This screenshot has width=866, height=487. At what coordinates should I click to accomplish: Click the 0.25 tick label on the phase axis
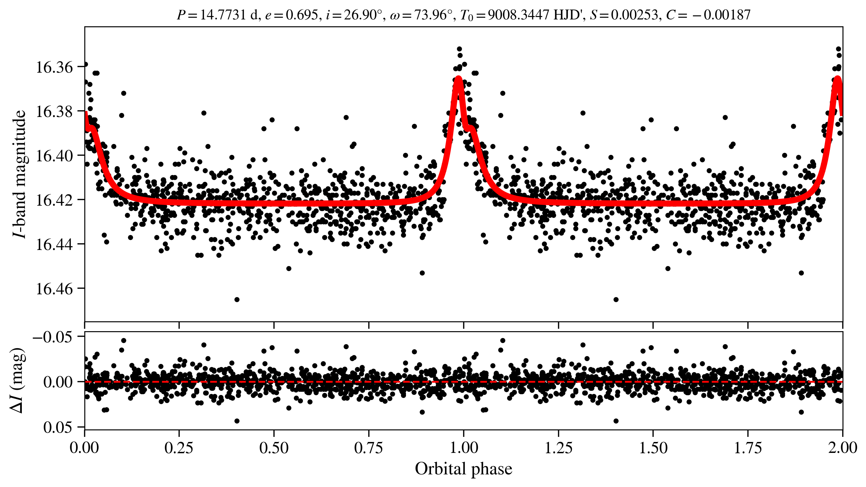tap(179, 448)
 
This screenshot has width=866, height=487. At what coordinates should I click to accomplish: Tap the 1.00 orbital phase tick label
tap(463, 448)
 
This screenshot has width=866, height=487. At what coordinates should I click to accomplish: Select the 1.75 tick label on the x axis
tap(748, 448)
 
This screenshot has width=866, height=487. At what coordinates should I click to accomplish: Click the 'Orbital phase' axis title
tap(463, 469)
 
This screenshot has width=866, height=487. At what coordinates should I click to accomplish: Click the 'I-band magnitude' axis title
tap(20, 174)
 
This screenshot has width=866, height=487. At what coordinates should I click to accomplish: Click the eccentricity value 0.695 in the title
tap(302, 15)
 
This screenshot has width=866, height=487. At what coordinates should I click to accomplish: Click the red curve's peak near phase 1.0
tap(458, 78)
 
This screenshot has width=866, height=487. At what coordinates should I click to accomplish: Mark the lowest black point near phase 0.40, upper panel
tap(237, 299)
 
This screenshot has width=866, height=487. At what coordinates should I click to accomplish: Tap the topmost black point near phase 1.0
tap(459, 49)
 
